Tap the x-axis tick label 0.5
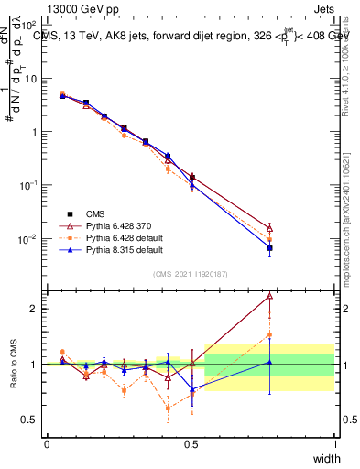click(x=191, y=444)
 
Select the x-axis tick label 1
click(x=335, y=444)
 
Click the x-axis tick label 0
click(x=47, y=444)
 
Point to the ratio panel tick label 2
click(x=34, y=309)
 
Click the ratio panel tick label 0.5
click(x=29, y=420)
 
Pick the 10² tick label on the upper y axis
click(x=30, y=25)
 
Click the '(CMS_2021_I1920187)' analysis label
click(x=191, y=273)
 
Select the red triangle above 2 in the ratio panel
click(x=269, y=296)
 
